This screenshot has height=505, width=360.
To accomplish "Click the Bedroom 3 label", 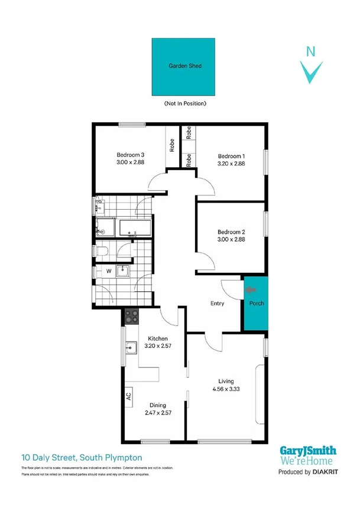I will (x=131, y=155).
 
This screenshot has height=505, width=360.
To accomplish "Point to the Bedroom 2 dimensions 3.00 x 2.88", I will (x=231, y=240).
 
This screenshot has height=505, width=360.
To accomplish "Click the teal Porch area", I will (x=256, y=304).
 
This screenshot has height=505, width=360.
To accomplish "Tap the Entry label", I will (x=218, y=304).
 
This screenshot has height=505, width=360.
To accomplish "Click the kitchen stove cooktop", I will (x=131, y=317).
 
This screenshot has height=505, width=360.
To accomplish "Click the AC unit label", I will (x=128, y=396).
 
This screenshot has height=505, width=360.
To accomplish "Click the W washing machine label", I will (x=108, y=271).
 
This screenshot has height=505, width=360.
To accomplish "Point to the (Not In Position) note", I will (x=186, y=103).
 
